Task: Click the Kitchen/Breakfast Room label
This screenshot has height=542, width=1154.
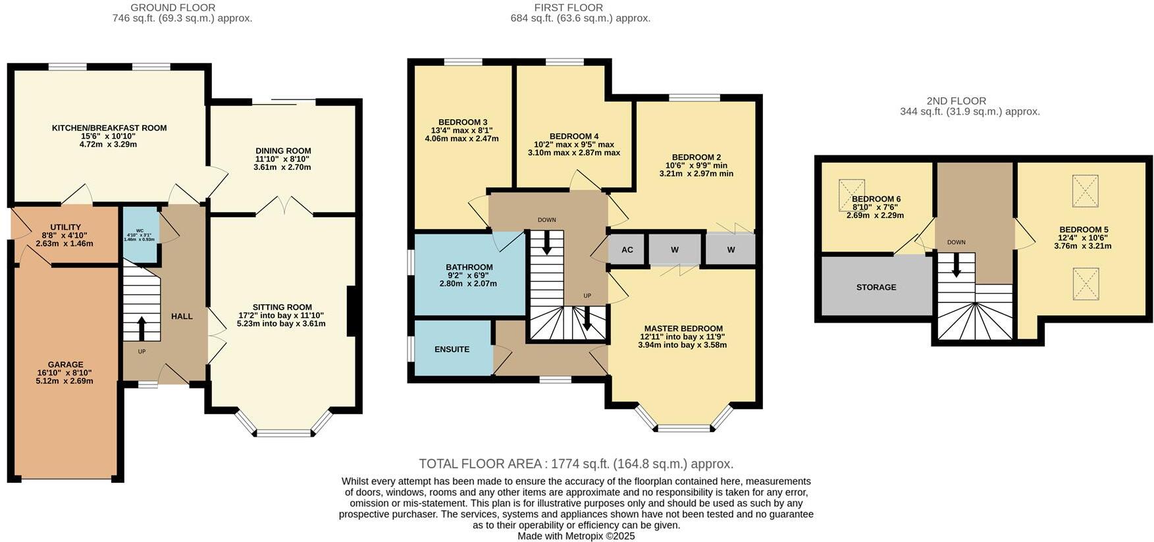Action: pyautogui.click(x=109, y=128)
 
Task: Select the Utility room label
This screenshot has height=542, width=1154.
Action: pyautogui.click(x=65, y=227)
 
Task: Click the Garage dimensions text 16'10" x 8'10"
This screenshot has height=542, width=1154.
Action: pyautogui.click(x=65, y=373)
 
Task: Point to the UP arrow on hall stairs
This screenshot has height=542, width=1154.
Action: pyautogui.click(x=142, y=327)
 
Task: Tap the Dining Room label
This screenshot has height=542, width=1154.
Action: pyautogui.click(x=283, y=151)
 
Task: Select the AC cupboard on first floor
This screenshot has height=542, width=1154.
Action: pyautogui.click(x=627, y=250)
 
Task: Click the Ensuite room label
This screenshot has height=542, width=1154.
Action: pyautogui.click(x=452, y=349)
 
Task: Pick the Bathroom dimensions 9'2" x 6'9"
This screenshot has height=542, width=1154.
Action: pyautogui.click(x=468, y=275)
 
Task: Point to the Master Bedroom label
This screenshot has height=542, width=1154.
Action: pyautogui.click(x=683, y=329)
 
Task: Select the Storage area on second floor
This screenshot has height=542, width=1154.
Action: pyautogui.click(x=876, y=287)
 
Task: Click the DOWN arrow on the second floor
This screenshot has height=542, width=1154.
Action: pyautogui.click(x=956, y=265)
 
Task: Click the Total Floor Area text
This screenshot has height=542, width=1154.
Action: pyautogui.click(x=576, y=464)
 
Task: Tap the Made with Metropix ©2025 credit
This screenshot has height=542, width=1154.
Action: pyautogui.click(x=576, y=536)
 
